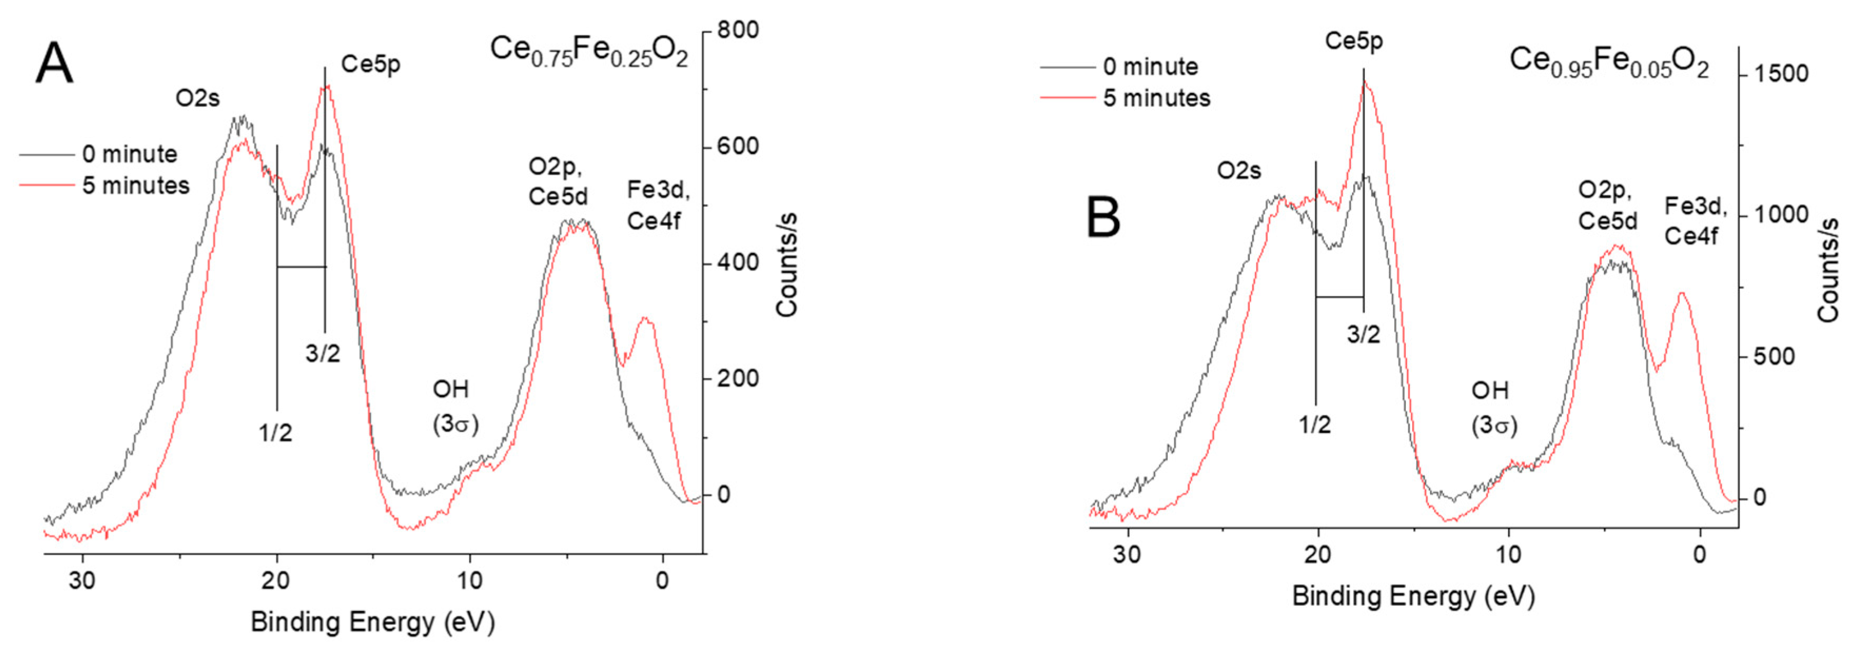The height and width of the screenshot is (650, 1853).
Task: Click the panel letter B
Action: tap(1103, 217)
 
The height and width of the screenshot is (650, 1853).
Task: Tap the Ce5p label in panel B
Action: tap(1354, 42)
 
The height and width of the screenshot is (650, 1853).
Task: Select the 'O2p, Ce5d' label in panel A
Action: tap(557, 181)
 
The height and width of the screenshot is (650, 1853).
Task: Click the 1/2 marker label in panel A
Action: tap(275, 433)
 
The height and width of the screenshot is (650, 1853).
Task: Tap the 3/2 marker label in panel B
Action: tap(1363, 334)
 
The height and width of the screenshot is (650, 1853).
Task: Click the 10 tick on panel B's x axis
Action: tap(1509, 555)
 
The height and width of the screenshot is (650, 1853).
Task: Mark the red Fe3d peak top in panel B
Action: tap(1681, 293)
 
